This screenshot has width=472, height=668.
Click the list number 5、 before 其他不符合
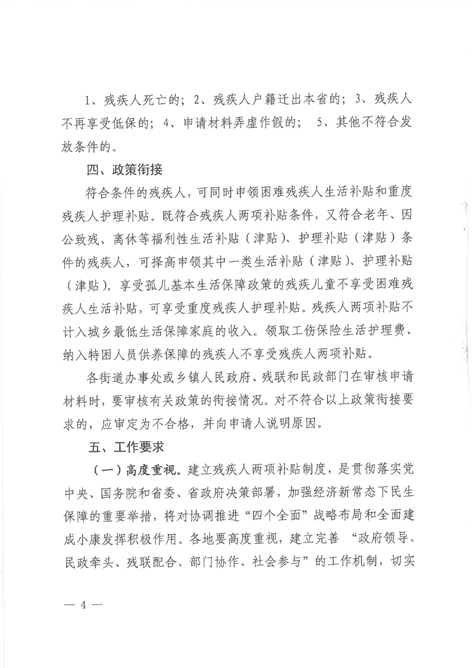click(325, 122)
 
